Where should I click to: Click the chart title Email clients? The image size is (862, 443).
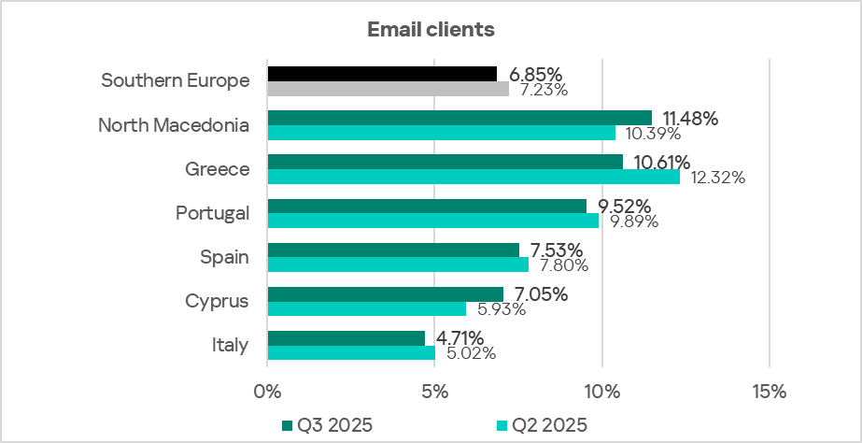click(431, 30)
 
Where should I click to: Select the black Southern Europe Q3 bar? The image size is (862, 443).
click(382, 74)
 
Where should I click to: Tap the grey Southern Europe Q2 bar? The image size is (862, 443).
click(388, 89)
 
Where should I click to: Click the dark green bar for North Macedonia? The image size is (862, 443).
click(459, 117)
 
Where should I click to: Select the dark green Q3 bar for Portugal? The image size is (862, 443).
click(427, 206)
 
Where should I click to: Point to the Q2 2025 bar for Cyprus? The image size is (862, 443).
click(366, 308)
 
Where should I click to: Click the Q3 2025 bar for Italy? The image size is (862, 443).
click(346, 337)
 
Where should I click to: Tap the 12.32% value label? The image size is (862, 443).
click(717, 178)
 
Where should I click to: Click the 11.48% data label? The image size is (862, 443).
click(690, 118)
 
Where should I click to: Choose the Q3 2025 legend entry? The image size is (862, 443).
click(327, 425)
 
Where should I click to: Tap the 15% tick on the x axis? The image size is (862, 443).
click(769, 391)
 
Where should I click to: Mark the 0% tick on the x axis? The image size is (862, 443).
click(267, 391)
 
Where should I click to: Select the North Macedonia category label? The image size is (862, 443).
click(174, 125)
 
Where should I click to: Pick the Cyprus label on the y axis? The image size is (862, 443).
click(218, 301)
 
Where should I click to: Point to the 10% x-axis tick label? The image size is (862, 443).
click(602, 391)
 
